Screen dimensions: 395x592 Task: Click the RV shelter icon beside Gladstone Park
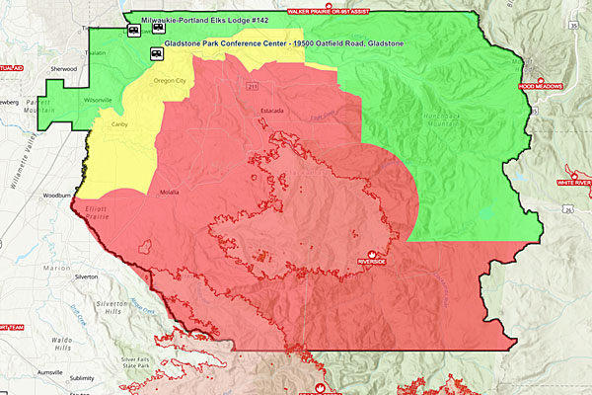[156, 53]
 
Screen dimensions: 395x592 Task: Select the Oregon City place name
[170, 81]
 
